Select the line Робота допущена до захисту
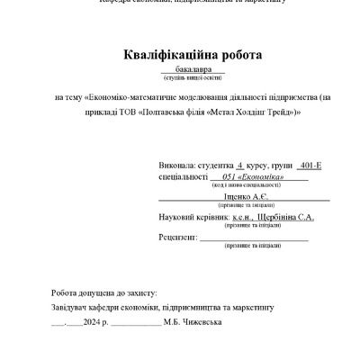[x=104, y=293]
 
